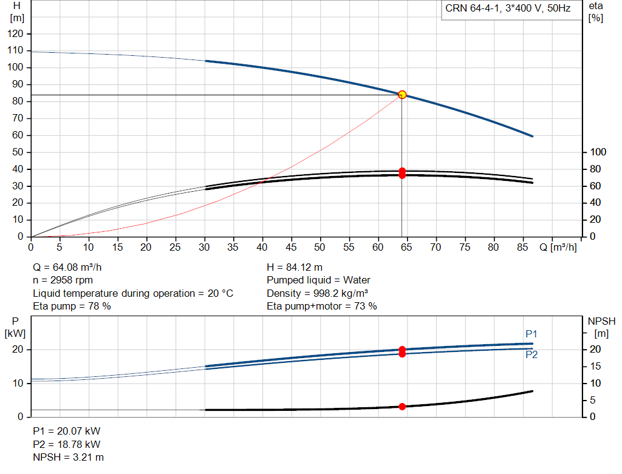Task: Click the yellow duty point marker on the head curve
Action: (402, 95)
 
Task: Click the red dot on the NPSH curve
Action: (402, 407)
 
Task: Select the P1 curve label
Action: (531, 334)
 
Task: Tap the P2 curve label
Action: (531, 354)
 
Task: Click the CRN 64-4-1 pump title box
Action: (511, 10)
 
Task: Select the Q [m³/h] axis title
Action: (558, 247)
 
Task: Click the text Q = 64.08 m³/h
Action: (67, 268)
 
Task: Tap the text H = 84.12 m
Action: (295, 268)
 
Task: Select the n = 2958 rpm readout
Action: (63, 280)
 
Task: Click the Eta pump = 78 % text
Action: (72, 306)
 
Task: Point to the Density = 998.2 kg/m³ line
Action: (317, 293)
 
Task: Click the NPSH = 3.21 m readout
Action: (68, 458)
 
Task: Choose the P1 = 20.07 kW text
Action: (67, 431)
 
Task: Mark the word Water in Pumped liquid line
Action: (357, 280)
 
